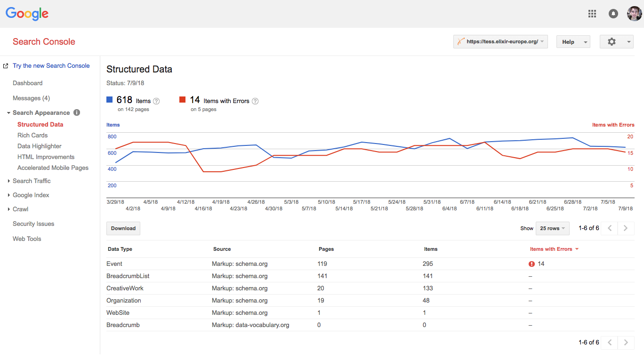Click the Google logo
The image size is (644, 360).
pyautogui.click(x=27, y=14)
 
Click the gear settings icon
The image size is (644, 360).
pyautogui.click(x=612, y=42)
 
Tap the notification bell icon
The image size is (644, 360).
pyautogui.click(x=613, y=14)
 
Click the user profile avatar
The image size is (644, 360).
pyautogui.click(x=634, y=14)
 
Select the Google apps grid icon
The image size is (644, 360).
pyautogui.click(x=592, y=14)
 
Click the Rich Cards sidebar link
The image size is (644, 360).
pyautogui.click(x=32, y=135)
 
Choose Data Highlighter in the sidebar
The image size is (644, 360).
pyautogui.click(x=40, y=146)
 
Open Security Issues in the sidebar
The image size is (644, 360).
pyautogui.click(x=33, y=224)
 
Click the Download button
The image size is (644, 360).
pyautogui.click(x=123, y=228)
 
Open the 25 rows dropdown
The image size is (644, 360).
pyautogui.click(x=552, y=228)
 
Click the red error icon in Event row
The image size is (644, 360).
pyautogui.click(x=532, y=264)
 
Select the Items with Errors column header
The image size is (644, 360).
pyautogui.click(x=551, y=249)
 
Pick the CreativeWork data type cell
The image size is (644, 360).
pyautogui.click(x=125, y=288)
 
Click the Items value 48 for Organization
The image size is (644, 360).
pyautogui.click(x=427, y=300)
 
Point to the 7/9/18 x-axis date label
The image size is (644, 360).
pyautogui.click(x=625, y=208)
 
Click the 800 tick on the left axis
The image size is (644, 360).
pyautogui.click(x=112, y=136)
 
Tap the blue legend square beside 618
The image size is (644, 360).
pyautogui.click(x=110, y=100)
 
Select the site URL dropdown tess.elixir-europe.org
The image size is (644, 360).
pyautogui.click(x=500, y=42)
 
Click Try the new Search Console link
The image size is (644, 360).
pyautogui.click(x=51, y=65)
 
